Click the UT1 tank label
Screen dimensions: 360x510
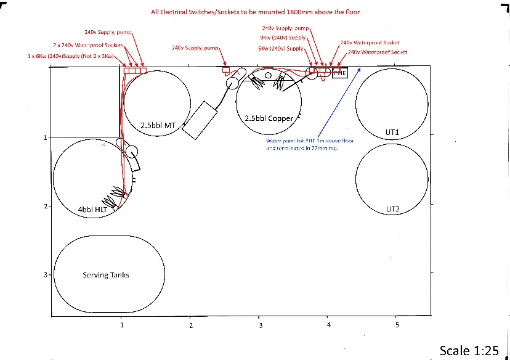[393, 133]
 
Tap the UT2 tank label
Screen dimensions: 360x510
[393, 210]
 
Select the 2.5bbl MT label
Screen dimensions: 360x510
[159, 126]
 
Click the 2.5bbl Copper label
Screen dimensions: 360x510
[269, 118]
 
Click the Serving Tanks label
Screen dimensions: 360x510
[106, 275]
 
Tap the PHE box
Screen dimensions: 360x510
[340, 73]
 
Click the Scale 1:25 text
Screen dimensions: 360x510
[468, 351]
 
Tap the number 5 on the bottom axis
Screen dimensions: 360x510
[397, 325]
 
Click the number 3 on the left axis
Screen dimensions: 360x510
[46, 275]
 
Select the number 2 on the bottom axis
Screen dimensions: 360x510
[191, 325]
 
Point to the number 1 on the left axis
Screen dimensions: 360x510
[46, 137]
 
